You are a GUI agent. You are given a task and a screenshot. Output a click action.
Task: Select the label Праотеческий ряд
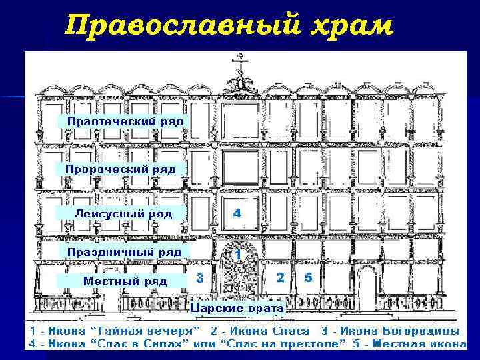[124, 121]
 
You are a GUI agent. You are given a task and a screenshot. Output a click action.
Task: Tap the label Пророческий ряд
[121, 169]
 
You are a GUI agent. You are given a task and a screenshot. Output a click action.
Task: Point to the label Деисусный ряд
[123, 214]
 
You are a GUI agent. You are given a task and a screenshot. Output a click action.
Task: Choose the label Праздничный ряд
[123, 252]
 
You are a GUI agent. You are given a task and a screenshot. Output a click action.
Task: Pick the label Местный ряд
[125, 281]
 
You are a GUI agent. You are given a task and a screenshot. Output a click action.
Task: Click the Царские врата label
[237, 308]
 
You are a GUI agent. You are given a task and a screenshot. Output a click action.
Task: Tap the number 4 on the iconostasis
[237, 213]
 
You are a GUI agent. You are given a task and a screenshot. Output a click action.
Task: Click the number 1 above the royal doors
[238, 254]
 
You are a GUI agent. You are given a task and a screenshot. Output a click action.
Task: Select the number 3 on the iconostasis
[199, 277]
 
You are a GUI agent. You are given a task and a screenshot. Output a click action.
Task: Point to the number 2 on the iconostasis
[281, 277]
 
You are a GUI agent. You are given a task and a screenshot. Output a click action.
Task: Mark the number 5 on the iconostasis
[308, 277]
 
